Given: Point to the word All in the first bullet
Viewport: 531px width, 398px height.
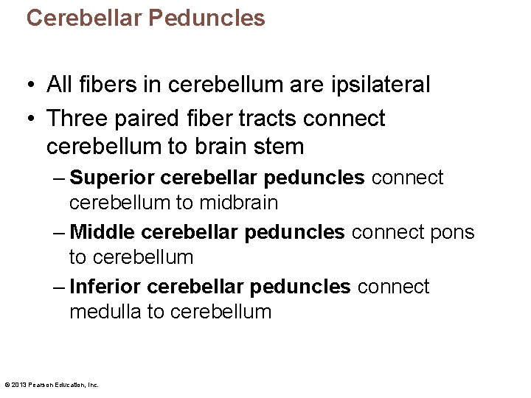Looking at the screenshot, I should (60, 85).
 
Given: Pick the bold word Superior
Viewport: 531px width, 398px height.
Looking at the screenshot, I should (111, 178).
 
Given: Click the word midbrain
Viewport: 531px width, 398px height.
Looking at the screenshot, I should (237, 203).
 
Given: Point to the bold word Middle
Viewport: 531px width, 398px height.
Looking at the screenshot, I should (102, 232).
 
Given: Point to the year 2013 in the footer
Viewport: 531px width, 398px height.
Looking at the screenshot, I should (18, 385).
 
